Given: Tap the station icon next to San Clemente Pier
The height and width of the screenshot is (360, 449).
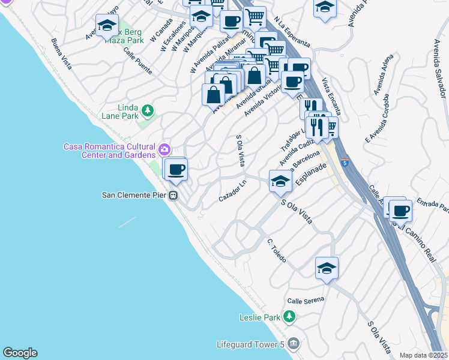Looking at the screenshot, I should click(173, 195).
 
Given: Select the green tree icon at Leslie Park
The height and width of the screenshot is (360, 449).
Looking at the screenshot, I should click(289, 316).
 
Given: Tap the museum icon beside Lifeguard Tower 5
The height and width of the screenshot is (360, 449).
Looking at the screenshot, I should click(294, 344).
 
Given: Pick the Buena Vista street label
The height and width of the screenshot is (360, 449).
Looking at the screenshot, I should click(62, 53).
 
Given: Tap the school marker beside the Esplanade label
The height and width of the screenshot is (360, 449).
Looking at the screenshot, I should click(280, 181).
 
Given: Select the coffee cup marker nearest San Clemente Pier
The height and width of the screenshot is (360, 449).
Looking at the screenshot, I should click(176, 169).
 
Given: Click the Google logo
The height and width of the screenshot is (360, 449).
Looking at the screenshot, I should click(20, 353).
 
